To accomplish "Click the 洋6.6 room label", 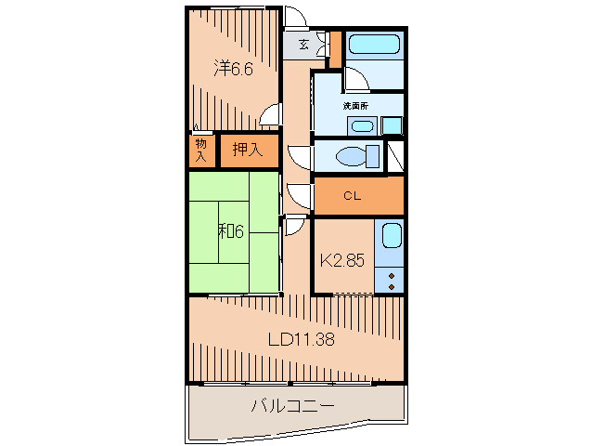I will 232,68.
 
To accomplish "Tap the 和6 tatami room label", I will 231,230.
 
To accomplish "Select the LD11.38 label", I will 302,340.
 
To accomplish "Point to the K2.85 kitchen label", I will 341,260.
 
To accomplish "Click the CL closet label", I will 352,196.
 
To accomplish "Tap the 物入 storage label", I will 200,150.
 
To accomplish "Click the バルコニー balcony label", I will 292,406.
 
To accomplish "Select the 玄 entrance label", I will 303,44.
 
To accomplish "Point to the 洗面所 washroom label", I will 356,106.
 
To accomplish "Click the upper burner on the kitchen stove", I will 392,276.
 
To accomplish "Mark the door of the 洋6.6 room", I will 269,115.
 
